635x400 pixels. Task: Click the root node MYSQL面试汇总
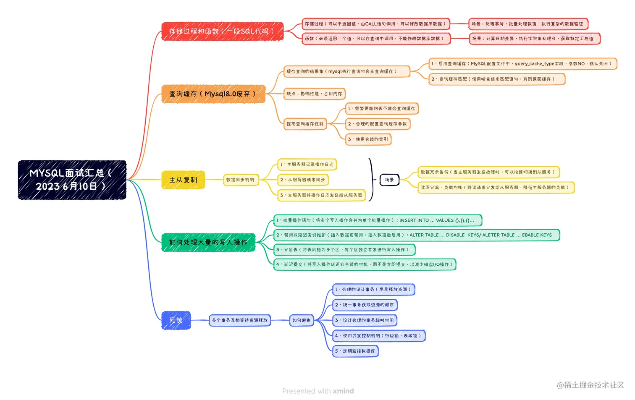tap(72, 180)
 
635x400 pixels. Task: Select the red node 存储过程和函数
tap(222, 31)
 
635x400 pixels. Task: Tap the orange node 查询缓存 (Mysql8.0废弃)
tap(213, 94)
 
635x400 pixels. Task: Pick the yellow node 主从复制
tap(183, 180)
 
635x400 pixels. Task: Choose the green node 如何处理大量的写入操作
tap(208, 243)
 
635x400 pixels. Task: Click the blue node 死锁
tap(176, 320)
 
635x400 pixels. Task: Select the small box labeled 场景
tap(389, 180)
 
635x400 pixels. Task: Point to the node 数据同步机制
tap(240, 180)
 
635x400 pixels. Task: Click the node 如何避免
tap(301, 321)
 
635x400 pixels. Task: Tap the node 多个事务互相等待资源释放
tap(240, 321)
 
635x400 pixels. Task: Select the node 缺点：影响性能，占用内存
tap(315, 94)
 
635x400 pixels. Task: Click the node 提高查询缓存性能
tap(305, 124)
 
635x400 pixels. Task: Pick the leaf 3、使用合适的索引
tap(368, 139)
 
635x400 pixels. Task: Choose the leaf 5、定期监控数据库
tap(355, 351)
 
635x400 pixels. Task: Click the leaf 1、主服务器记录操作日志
tap(307, 165)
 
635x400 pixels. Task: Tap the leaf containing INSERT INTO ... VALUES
tap(378, 220)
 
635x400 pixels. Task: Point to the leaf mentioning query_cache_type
tap(522, 64)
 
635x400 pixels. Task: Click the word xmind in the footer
tap(343, 391)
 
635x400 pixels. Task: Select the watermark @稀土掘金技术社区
tap(590, 385)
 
